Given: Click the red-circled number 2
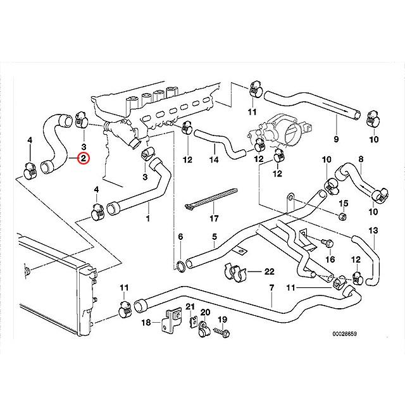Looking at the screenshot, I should coord(84,159).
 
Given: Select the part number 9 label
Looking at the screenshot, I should coord(336,139).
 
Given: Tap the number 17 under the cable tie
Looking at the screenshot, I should coord(214,219).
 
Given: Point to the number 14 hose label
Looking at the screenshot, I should coord(214,159).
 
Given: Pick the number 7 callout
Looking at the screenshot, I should coord(271,289).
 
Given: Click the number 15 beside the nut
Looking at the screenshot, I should coord(344,203).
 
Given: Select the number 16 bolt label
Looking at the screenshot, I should coord(330,259).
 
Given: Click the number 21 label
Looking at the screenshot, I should coord(189,307).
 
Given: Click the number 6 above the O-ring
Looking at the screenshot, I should coord(180,237).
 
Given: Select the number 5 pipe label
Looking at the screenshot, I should coord(214,237).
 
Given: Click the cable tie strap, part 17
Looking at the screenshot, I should coord(210,198).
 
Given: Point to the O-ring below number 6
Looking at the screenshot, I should coord(180,265).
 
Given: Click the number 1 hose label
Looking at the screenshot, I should coord(149,219).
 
